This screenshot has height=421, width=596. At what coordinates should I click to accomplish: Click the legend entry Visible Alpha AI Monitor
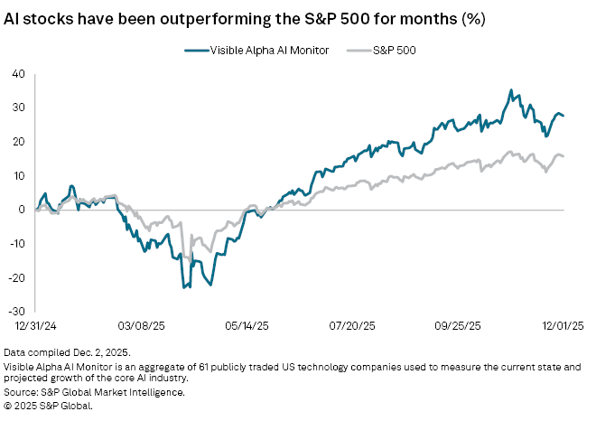click(257, 51)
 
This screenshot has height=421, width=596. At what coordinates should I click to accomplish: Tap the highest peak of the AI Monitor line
click(511, 90)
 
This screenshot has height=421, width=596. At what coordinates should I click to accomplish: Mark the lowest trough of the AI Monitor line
click(184, 287)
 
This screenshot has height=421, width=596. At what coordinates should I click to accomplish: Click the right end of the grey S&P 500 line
click(564, 157)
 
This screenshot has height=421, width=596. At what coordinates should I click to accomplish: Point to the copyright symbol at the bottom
click(7, 406)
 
